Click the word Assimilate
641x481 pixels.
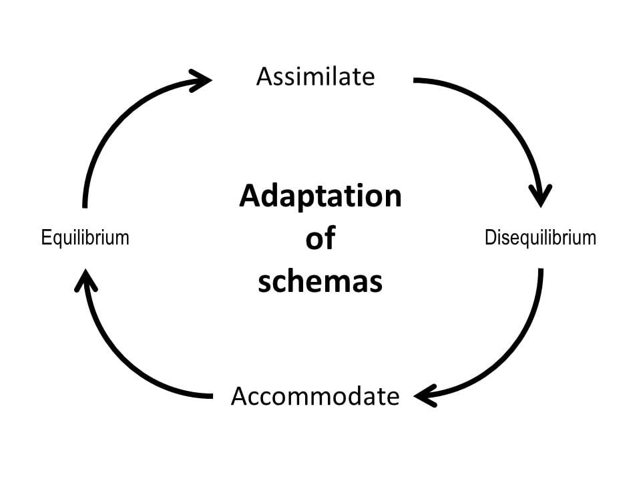tap(315, 77)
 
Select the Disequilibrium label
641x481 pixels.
tap(540, 237)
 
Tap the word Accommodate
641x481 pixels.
tap(315, 396)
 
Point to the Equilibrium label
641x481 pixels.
tap(85, 237)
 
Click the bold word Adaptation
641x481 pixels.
tap(320, 196)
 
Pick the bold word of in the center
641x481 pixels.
tap(320, 238)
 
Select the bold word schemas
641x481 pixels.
tap(320, 281)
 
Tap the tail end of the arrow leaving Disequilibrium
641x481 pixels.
tap(540, 271)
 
